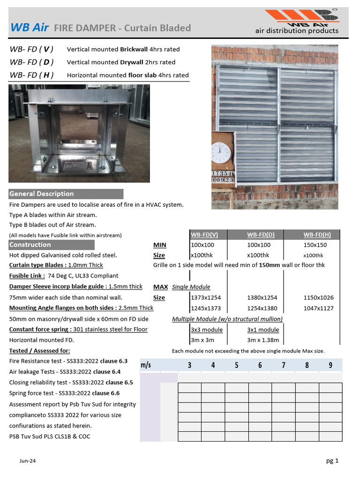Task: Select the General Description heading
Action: tap(42, 194)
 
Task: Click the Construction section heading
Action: tap(30, 245)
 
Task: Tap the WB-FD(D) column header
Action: tap(261, 235)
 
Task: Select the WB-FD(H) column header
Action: tap(317, 235)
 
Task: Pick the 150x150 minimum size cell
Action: tap(315, 245)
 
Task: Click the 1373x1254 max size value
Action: tap(206, 297)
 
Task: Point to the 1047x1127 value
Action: tap(318, 308)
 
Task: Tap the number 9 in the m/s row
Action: tap(330, 365)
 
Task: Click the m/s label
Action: tap(146, 365)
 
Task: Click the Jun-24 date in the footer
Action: tap(28, 461)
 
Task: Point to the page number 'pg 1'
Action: tap(332, 461)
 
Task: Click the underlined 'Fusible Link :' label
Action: tap(27, 276)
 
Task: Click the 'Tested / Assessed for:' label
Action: tap(40, 351)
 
